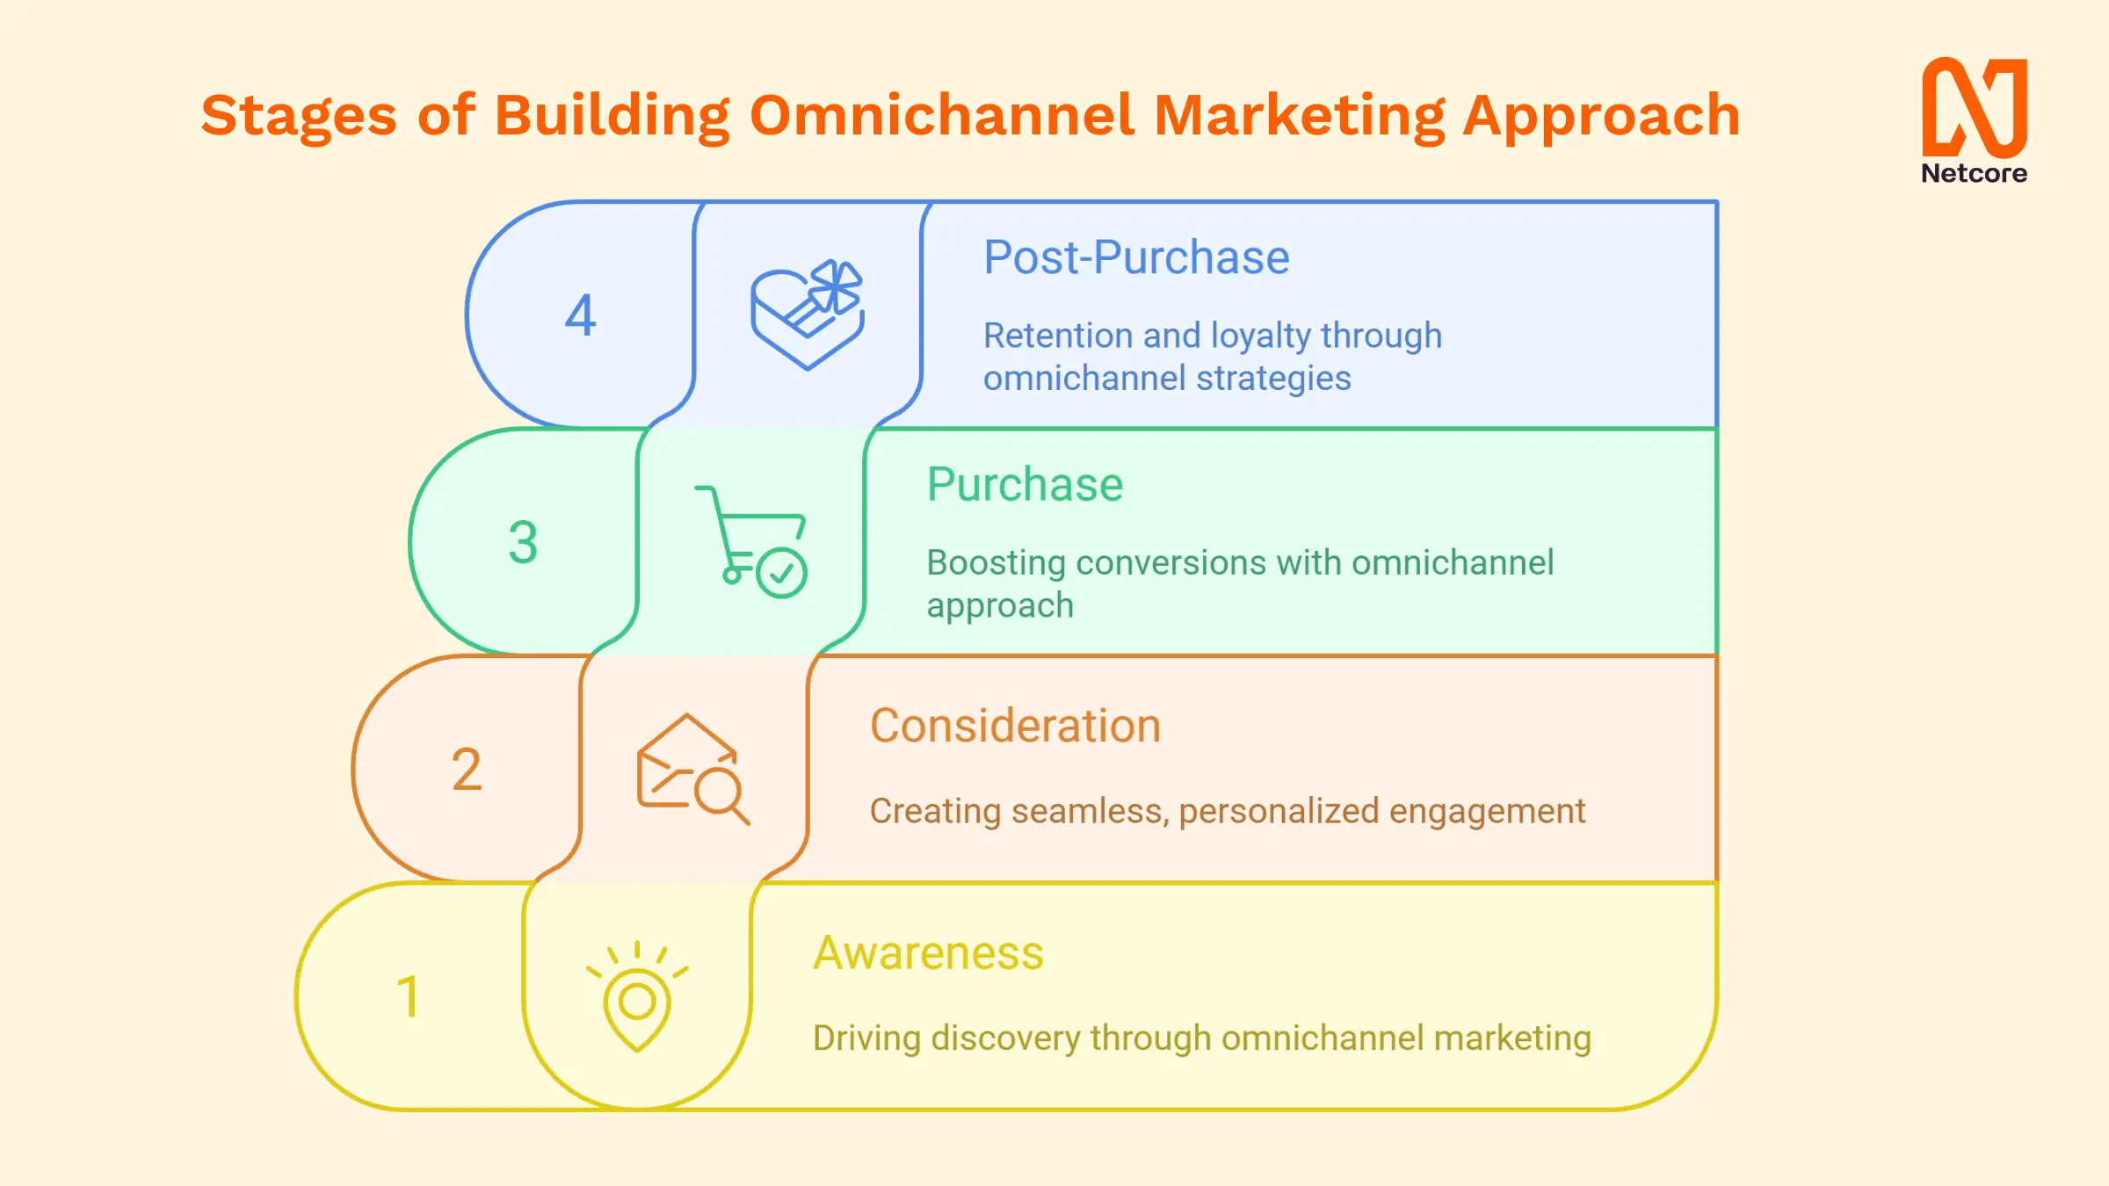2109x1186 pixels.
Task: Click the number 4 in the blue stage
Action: (x=580, y=315)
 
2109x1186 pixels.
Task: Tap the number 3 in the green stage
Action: (x=523, y=542)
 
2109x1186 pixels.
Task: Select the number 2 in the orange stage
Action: (x=467, y=769)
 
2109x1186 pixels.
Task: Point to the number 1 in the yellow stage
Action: (x=408, y=996)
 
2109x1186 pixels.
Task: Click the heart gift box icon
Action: (x=808, y=315)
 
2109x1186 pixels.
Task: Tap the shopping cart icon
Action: (x=751, y=542)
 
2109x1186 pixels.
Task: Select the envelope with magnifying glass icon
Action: (x=693, y=770)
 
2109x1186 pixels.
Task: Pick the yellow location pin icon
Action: (x=637, y=997)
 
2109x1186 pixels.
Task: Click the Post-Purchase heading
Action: (x=1136, y=257)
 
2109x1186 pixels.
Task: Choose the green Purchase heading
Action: (x=1025, y=484)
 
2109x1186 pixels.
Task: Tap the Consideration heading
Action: (x=1015, y=726)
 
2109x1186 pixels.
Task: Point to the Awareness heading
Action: (x=928, y=953)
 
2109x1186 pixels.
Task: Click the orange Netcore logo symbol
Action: (x=1975, y=107)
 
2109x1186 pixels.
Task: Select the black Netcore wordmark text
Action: (x=1975, y=173)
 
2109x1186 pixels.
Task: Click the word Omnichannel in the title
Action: (x=941, y=115)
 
